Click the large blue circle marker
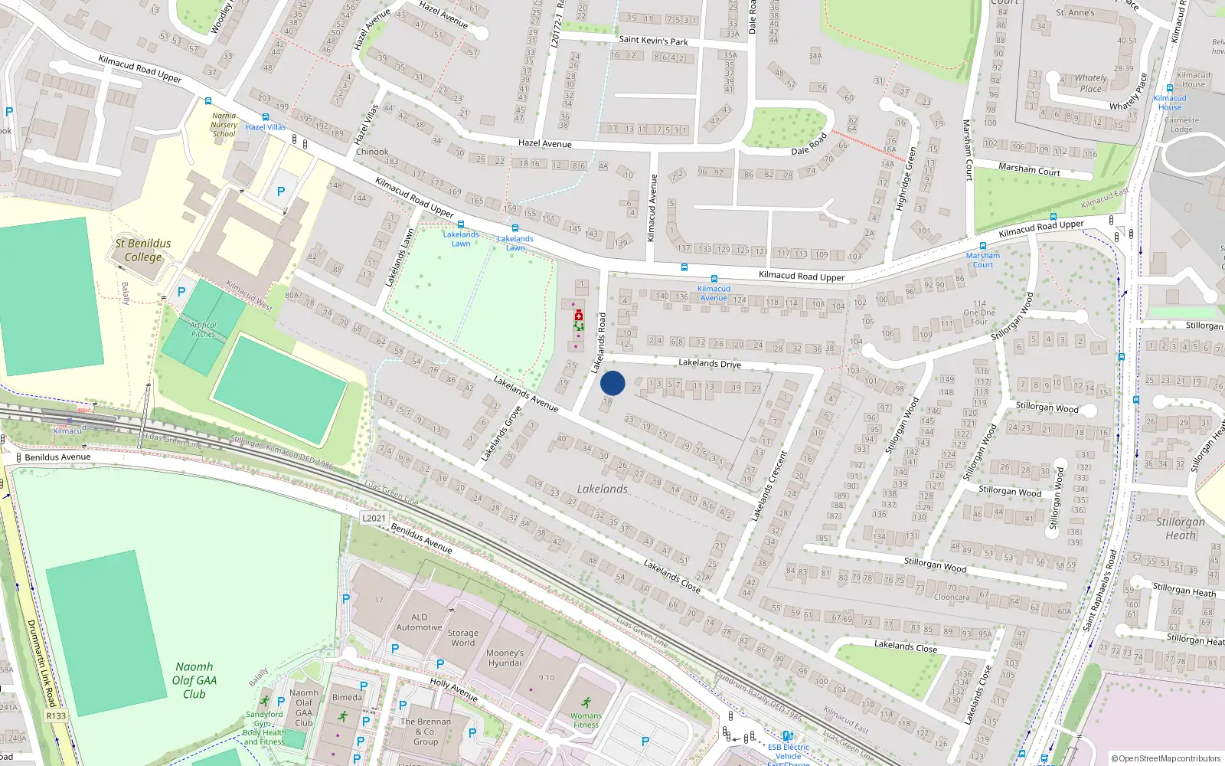pyautogui.click(x=612, y=383)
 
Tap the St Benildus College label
pyautogui.click(x=143, y=250)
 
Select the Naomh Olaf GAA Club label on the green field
pyautogui.click(x=194, y=680)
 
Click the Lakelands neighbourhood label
pyautogui.click(x=603, y=489)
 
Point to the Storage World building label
pyautogui.click(x=462, y=638)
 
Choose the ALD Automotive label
pyautogui.click(x=419, y=622)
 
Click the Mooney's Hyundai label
pyautogui.click(x=505, y=658)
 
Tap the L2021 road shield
pyautogui.click(x=374, y=519)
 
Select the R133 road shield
pyautogui.click(x=56, y=716)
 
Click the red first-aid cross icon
pyautogui.click(x=579, y=316)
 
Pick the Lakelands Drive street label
pyautogui.click(x=710, y=363)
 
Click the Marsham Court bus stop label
pyautogui.click(x=983, y=260)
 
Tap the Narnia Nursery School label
pyautogui.click(x=224, y=125)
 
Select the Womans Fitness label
pyautogui.click(x=586, y=720)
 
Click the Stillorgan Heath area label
pyautogui.click(x=1180, y=529)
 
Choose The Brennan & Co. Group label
pyautogui.click(x=426, y=732)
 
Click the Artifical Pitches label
pyautogui.click(x=203, y=329)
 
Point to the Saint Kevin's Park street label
pyautogui.click(x=653, y=41)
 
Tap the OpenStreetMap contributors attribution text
pyautogui.click(x=1166, y=759)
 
